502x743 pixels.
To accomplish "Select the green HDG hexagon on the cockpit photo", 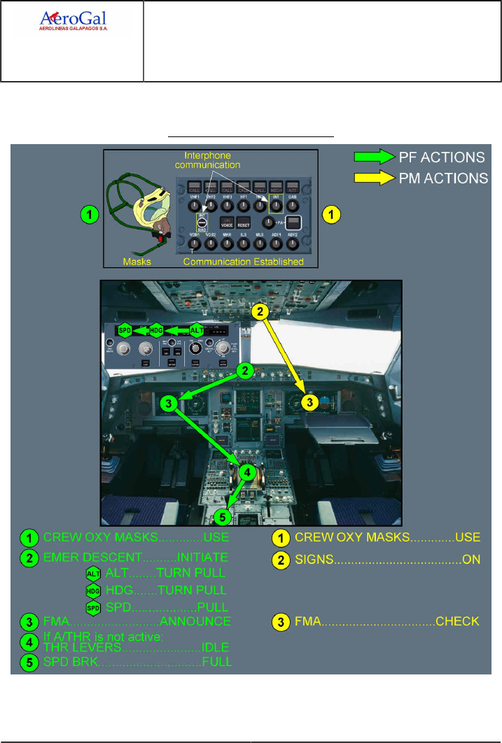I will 157,330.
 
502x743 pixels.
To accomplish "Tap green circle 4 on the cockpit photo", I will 246,473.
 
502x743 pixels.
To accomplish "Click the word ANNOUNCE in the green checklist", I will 196,621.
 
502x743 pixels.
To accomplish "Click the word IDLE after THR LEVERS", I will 214,648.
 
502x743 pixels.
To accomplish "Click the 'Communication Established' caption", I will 244,262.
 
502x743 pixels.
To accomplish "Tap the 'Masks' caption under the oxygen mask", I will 137,262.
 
